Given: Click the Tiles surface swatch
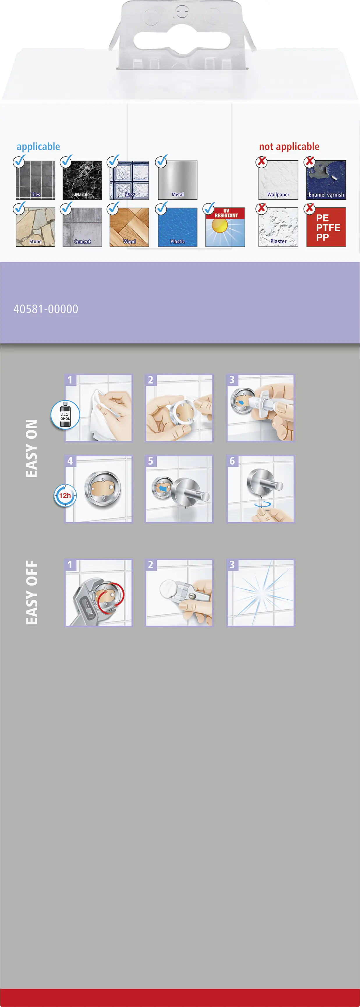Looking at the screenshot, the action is click(36, 180).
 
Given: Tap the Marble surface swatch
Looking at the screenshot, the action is click(82, 180).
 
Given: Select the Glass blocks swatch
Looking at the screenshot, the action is click(130, 180).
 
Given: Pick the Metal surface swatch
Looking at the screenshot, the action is click(178, 180).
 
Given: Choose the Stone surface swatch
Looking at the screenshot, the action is click(36, 227).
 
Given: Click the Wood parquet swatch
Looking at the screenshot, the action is click(130, 227).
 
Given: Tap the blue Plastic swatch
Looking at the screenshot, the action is click(178, 227).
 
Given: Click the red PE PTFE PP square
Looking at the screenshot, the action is click(326, 227).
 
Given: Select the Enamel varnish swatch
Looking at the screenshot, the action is click(326, 180).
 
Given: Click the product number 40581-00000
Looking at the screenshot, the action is click(46, 309).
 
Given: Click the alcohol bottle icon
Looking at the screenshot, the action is click(65, 415).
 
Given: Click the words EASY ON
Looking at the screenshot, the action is click(31, 448).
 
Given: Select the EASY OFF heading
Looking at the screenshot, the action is click(31, 592).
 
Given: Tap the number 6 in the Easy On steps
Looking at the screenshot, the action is click(232, 461).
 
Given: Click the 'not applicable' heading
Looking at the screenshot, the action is click(289, 147).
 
